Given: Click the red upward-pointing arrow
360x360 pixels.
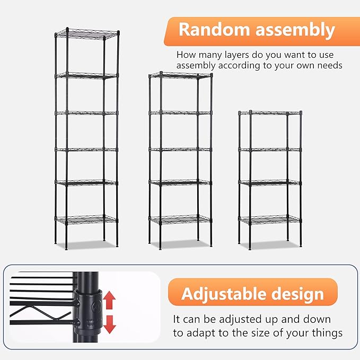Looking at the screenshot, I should (x=109, y=300).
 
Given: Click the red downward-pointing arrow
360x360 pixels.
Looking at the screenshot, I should (x=109, y=324).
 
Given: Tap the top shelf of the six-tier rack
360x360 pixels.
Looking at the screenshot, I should (x=87, y=35).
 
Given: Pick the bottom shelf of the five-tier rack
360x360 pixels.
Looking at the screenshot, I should (x=180, y=218).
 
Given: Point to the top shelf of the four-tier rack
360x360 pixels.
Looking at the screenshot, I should (x=270, y=113).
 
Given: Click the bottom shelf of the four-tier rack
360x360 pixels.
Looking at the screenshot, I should (x=270, y=218).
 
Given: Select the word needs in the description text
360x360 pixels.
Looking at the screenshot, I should (x=330, y=66).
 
